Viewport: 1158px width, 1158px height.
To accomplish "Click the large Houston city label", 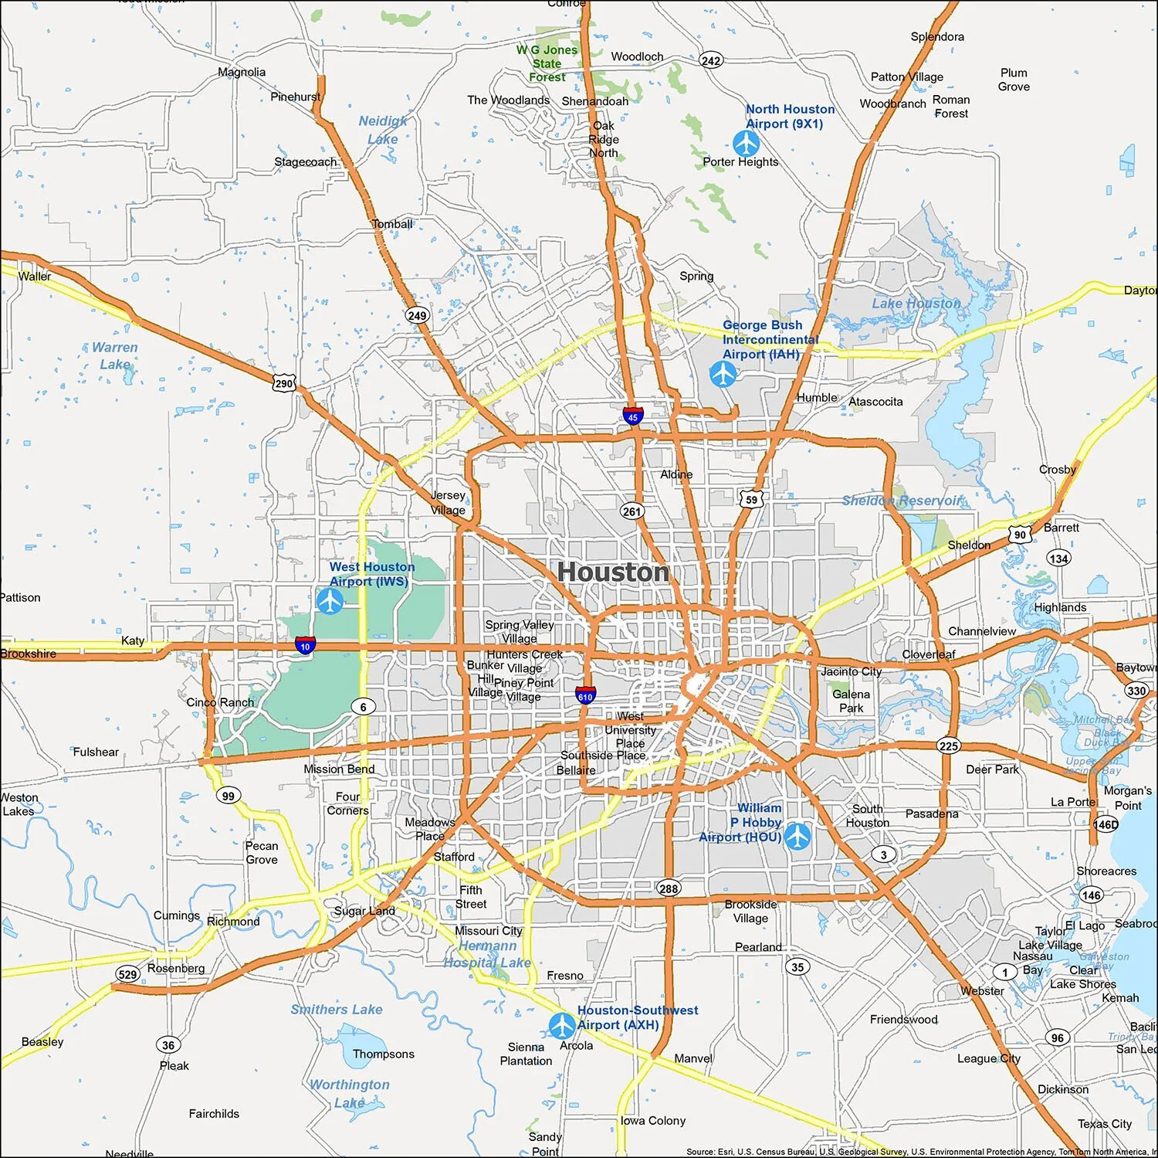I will [x=613, y=572].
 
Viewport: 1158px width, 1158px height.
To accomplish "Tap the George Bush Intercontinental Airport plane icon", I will [x=723, y=374].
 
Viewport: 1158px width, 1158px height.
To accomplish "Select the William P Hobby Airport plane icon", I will [x=797, y=836].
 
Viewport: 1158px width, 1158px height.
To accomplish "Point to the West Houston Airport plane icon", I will [x=330, y=600].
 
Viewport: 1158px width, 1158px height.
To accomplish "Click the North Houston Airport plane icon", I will [x=746, y=143].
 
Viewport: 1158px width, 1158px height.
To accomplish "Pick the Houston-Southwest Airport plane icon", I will [x=562, y=1025].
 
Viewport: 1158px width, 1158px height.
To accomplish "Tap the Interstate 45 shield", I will [x=632, y=416].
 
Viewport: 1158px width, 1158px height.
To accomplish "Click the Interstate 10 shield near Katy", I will [x=305, y=645].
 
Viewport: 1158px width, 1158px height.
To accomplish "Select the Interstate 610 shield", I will [x=585, y=695].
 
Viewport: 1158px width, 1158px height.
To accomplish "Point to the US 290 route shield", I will [x=284, y=382].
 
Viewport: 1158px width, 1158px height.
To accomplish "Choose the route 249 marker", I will [x=417, y=315].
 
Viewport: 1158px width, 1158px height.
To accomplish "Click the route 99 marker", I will [x=228, y=796].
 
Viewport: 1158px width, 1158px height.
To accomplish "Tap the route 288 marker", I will [x=669, y=888].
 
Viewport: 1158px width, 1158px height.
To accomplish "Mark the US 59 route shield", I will [x=752, y=499].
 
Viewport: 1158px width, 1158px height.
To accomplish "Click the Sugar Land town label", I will [x=364, y=911].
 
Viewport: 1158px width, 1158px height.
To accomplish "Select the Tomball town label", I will [x=392, y=224].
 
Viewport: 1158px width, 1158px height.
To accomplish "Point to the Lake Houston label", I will [x=916, y=304].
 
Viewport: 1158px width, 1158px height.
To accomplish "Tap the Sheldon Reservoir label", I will [x=902, y=501].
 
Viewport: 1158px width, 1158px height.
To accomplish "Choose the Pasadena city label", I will [x=931, y=813].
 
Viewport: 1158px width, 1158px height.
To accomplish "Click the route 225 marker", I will [x=949, y=745].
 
